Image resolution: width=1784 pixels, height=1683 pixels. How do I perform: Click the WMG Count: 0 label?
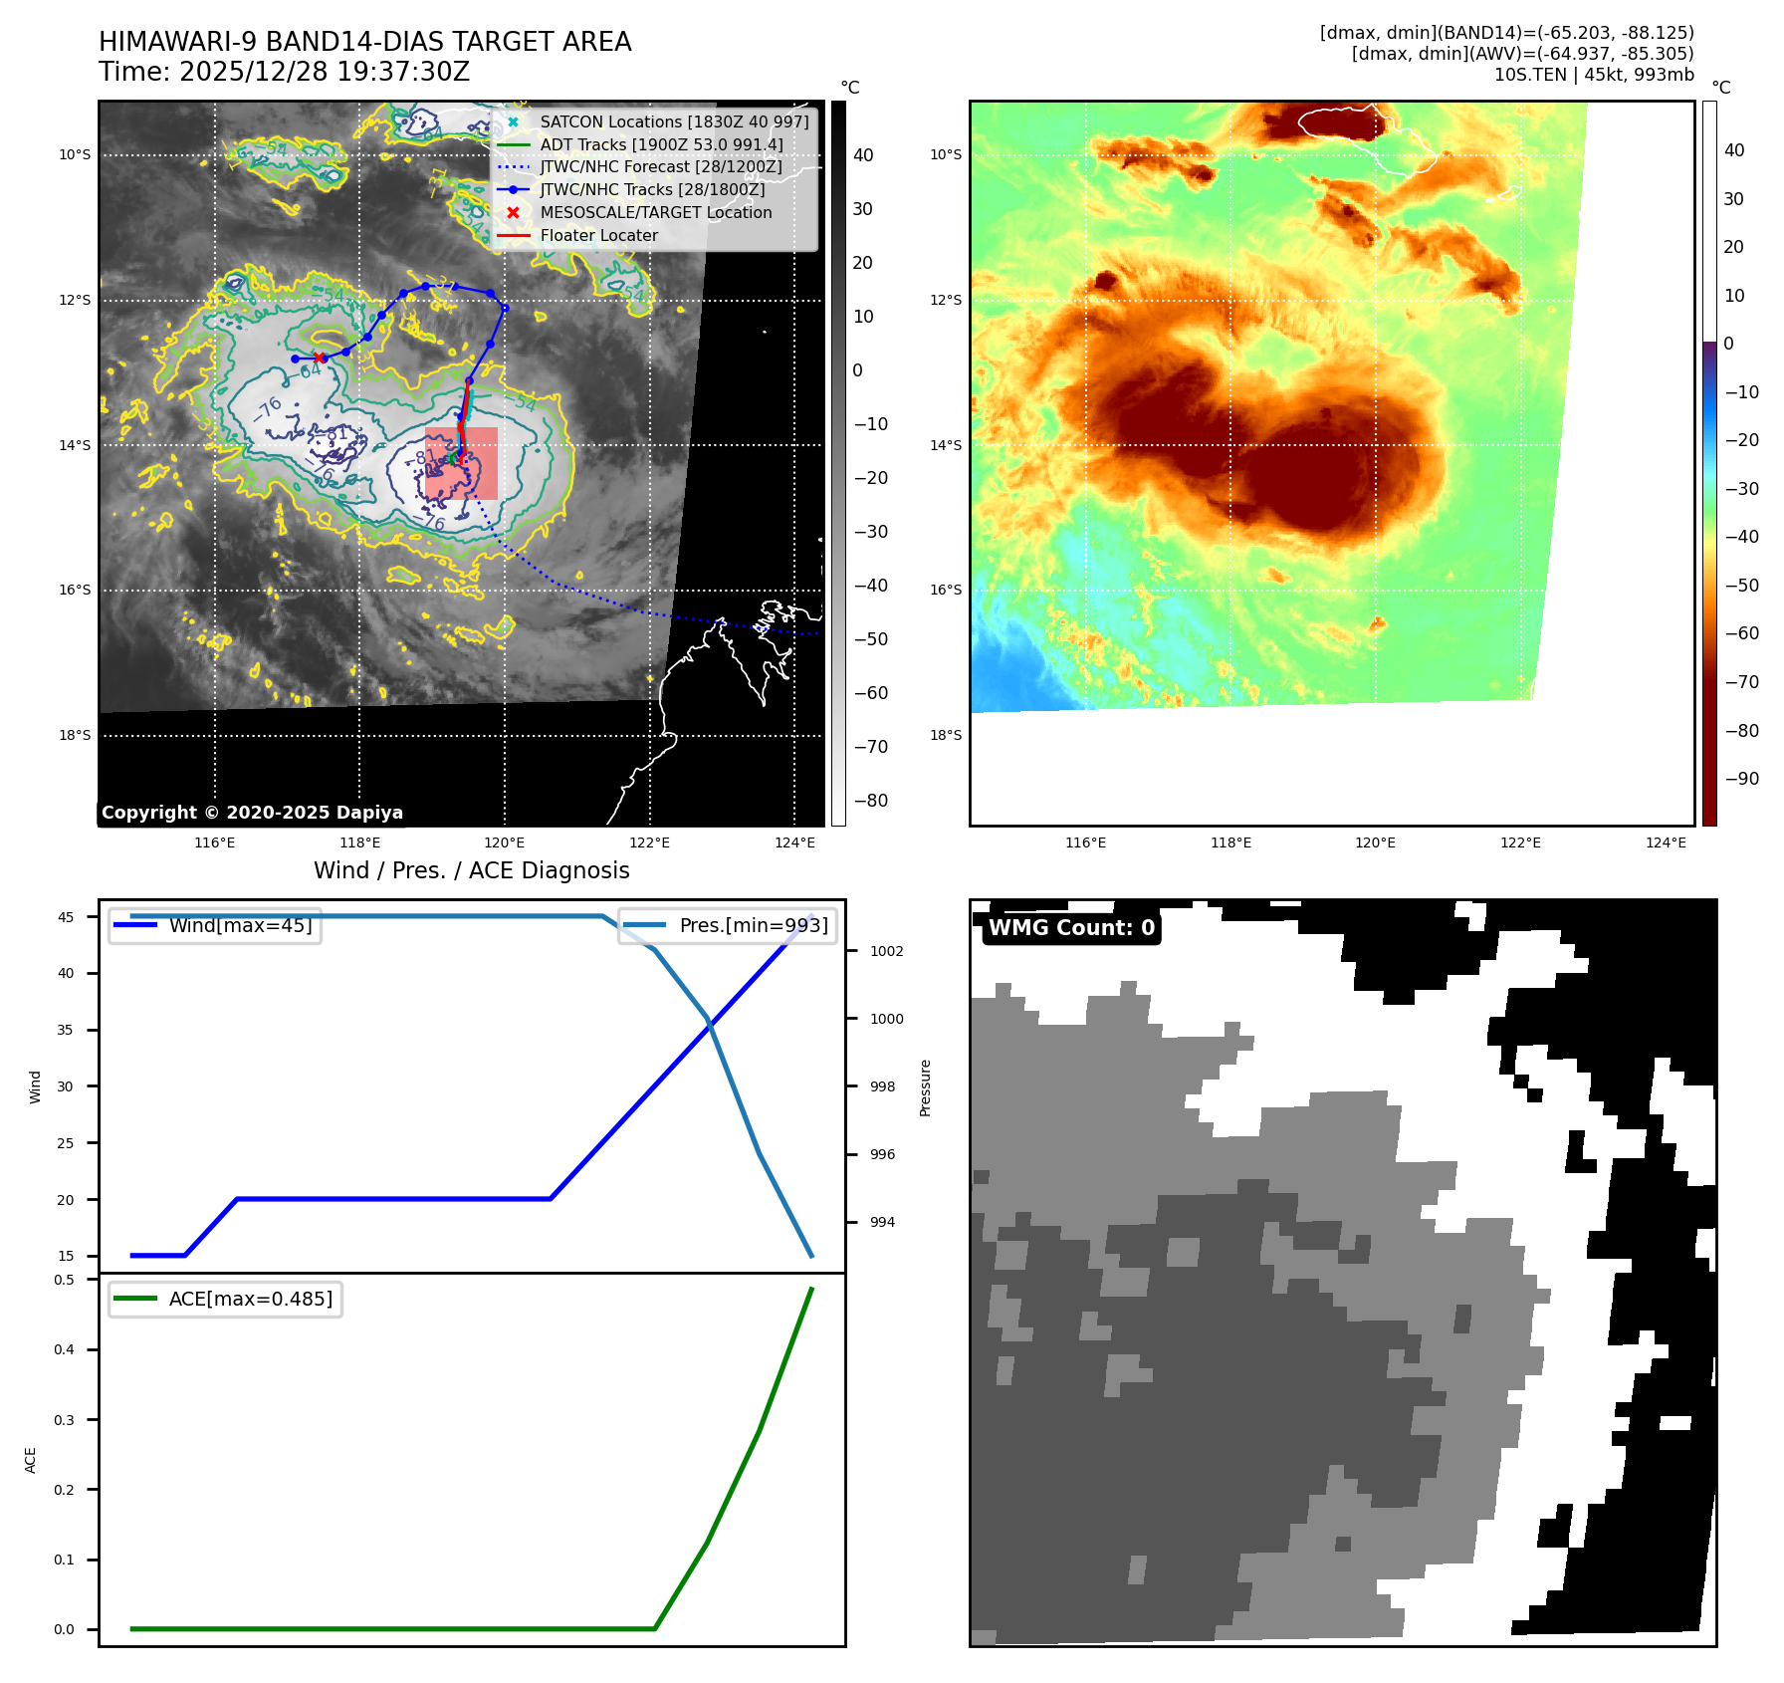pos(1071,928)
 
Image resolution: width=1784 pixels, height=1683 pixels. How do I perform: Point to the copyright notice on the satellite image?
pos(252,813)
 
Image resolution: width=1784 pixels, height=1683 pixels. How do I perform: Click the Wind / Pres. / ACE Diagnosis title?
pos(472,870)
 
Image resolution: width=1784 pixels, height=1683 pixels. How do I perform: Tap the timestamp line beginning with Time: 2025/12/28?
pos(284,72)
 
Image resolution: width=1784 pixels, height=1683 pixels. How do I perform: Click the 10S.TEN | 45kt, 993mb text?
pos(1593,75)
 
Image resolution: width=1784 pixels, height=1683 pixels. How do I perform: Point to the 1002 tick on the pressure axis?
pos(886,951)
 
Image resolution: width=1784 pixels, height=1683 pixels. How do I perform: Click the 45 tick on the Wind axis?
pos(66,917)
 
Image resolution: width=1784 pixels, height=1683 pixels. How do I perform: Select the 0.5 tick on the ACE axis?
pos(64,1280)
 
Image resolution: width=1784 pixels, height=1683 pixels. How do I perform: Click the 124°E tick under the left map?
pos(794,843)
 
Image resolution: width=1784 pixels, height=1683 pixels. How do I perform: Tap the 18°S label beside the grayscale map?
pos(75,736)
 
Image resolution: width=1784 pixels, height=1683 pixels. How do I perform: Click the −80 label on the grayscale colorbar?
pos(870,801)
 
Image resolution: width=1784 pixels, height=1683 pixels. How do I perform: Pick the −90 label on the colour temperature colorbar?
pos(1741,779)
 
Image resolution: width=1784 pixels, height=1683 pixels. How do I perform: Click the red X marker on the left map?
pos(319,358)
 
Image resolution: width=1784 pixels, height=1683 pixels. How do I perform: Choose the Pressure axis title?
pos(925,1087)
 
